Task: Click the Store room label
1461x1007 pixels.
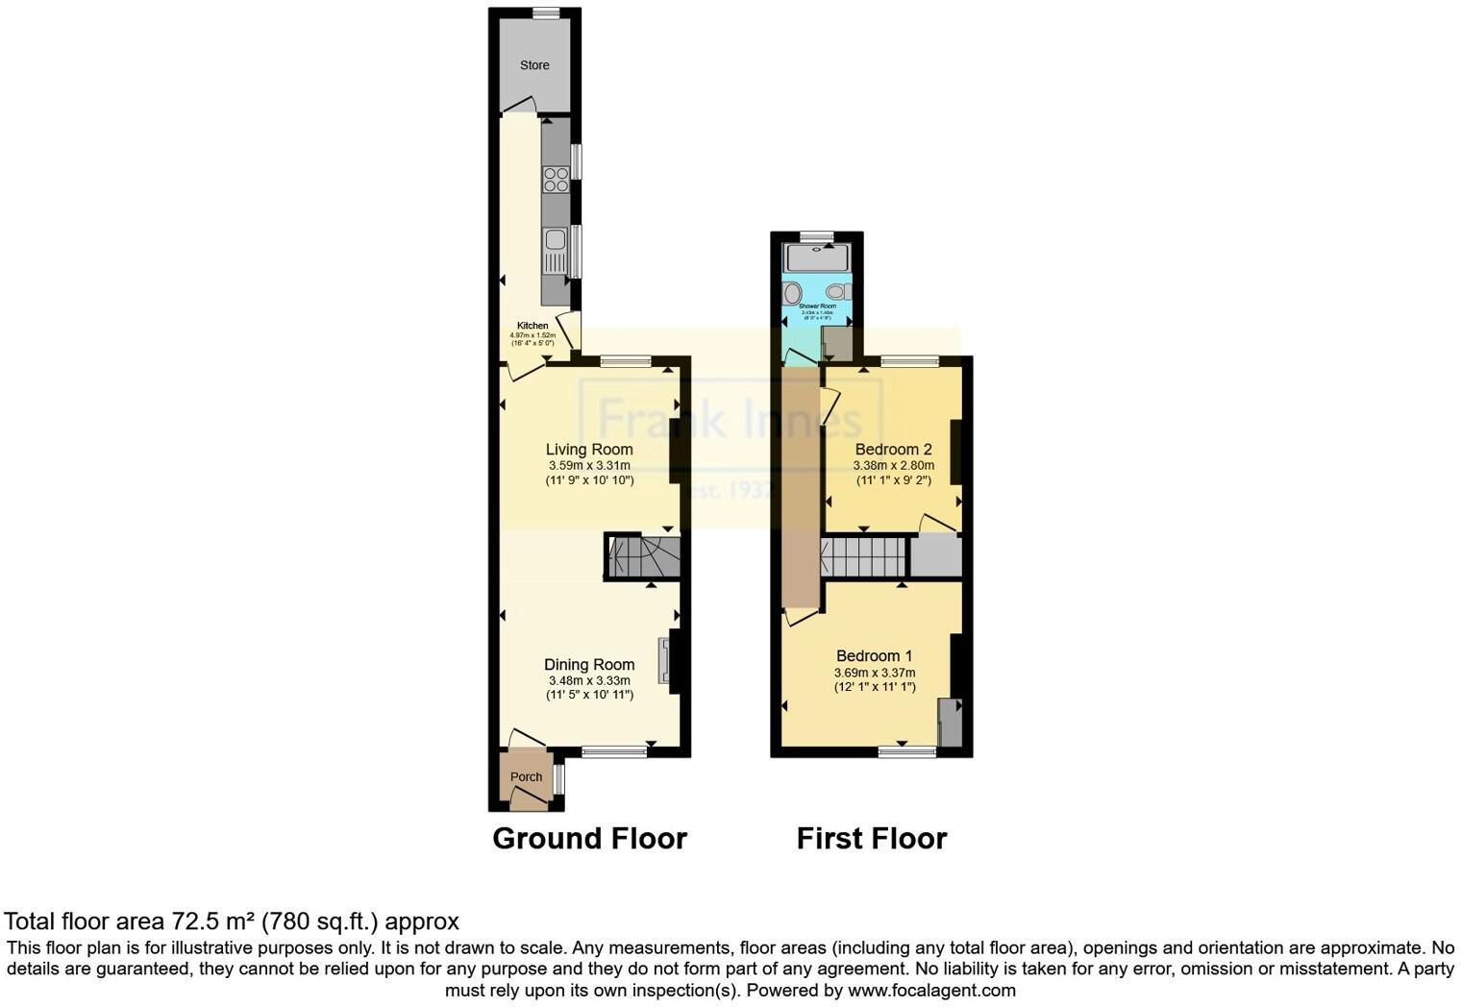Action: [534, 65]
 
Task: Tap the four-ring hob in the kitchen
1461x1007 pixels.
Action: [556, 180]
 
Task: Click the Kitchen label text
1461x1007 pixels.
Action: [532, 326]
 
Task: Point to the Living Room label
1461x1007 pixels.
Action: [589, 449]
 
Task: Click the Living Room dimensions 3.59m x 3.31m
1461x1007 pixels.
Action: [589, 465]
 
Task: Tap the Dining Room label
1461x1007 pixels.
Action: [589, 664]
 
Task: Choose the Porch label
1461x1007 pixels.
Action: [526, 776]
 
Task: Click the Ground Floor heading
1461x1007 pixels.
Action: [589, 839]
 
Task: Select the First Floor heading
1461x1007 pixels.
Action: [872, 839]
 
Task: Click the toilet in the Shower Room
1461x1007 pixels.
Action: [835, 291]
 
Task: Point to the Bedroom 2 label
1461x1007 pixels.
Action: [893, 449]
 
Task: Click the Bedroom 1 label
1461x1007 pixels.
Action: [874, 656]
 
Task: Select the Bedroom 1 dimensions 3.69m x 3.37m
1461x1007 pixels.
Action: [874, 673]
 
